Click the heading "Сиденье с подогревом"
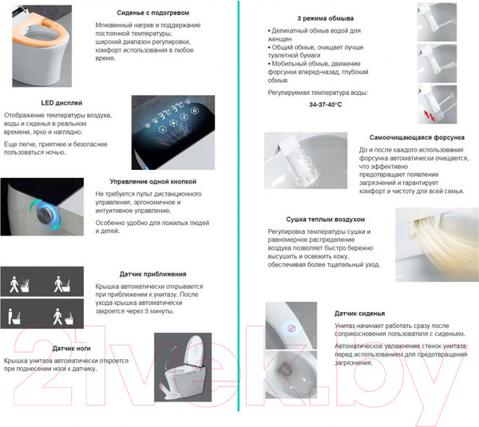coord(153,13)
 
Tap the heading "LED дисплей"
coord(61,103)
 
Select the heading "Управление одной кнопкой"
coord(153,181)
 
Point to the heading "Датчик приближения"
coord(153,274)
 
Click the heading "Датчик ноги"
coord(72,349)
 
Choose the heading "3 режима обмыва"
coord(326,18)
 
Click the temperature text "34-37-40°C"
coord(326,105)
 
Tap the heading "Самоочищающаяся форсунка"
coord(417,137)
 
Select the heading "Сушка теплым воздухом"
coord(326,219)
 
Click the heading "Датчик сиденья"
coord(359,314)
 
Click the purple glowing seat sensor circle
coord(291,329)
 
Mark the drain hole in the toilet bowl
coord(285,368)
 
